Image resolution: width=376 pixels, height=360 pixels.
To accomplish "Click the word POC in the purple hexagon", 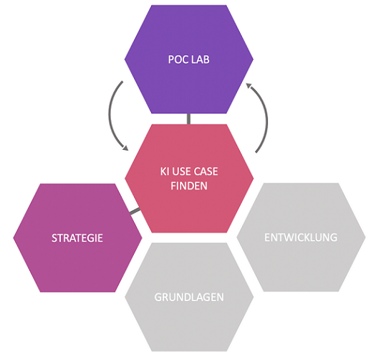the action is tap(178, 60).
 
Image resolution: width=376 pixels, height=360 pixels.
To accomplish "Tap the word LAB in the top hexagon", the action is tap(201, 60).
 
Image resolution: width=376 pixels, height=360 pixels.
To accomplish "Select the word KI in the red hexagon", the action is tap(165, 171).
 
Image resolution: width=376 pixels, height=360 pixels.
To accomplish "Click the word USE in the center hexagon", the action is tap(181, 171).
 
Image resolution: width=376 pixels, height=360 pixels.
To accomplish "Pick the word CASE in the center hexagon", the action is tap(206, 171).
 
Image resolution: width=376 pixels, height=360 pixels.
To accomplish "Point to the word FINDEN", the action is tap(189, 186).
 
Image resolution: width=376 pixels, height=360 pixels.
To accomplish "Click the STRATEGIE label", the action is tap(77, 238).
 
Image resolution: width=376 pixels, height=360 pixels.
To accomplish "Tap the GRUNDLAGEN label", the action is tap(189, 298).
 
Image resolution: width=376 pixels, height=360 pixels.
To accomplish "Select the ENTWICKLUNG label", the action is tap(301, 237).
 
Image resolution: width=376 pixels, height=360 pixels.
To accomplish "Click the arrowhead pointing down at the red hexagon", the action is tap(125, 148).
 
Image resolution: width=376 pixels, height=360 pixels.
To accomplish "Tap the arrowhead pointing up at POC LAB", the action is tap(249, 85).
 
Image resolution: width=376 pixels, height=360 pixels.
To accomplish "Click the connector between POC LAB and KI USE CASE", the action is tap(189, 119).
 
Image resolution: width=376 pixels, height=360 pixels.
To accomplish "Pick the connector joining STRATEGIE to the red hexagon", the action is tap(135, 211).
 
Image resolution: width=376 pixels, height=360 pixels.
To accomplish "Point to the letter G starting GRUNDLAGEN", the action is tap(158, 298).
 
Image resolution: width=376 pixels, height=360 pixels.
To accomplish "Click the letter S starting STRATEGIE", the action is tap(54, 238).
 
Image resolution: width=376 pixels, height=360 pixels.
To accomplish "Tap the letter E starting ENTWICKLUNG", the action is tap(267, 237).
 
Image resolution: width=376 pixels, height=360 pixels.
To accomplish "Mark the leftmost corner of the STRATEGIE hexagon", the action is tap(13, 238).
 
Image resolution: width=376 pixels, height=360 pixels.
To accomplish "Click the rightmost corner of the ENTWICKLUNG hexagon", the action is tap(366, 237).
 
